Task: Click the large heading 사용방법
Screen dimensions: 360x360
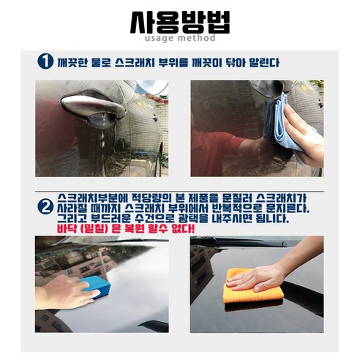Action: [180, 23]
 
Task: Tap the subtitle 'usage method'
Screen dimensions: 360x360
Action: [180, 38]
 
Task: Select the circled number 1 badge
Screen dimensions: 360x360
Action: [45, 61]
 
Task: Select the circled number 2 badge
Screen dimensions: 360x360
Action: [45, 207]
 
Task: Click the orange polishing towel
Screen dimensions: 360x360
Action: [254, 287]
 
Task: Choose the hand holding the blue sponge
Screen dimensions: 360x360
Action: [66, 291]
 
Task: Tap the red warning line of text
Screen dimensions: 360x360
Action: [126, 229]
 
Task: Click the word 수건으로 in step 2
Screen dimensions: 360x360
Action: [154, 218]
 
